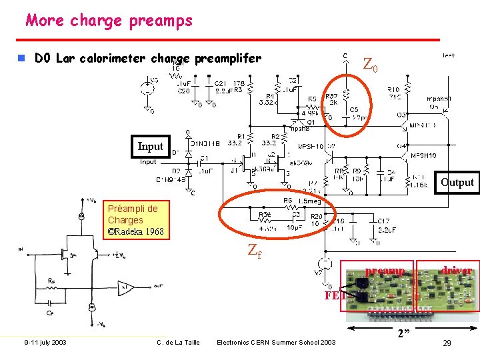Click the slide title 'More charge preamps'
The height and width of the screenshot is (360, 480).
[109, 20]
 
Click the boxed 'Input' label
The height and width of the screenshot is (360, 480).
[150, 146]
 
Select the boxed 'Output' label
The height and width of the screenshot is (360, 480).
[457, 182]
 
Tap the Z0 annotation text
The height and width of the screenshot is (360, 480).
[370, 65]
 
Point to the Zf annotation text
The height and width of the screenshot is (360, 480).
[255, 251]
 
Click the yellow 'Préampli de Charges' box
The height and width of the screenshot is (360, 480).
[135, 220]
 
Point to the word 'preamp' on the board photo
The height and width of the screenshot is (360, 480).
[385, 271]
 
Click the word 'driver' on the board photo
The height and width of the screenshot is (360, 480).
[456, 270]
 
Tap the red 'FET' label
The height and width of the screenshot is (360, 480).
[333, 295]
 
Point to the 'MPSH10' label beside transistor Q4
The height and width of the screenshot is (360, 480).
[423, 155]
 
